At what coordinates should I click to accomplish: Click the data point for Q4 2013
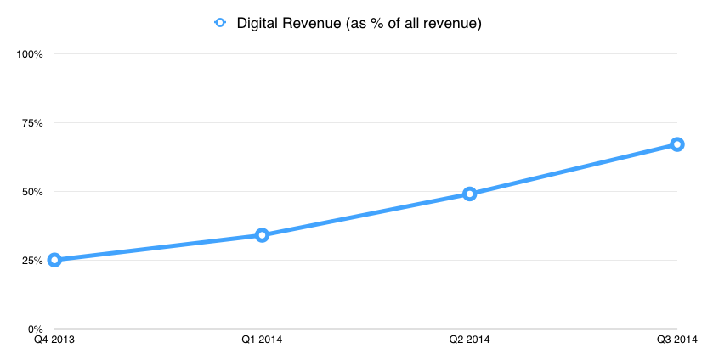(54, 260)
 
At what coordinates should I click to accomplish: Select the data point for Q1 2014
(262, 235)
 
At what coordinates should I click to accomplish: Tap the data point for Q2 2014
(469, 194)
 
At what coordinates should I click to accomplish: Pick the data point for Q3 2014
(676, 144)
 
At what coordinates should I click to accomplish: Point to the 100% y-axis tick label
(30, 54)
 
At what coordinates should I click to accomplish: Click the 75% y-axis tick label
(31, 123)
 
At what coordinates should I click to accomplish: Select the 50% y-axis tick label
(31, 192)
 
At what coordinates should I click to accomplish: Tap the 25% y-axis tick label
(31, 261)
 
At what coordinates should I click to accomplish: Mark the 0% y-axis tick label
(34, 329)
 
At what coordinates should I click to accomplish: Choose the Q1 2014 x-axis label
(262, 341)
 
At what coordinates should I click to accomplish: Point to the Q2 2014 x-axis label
(469, 341)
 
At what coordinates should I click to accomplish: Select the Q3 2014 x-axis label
(677, 341)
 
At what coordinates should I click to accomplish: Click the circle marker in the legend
(219, 23)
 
